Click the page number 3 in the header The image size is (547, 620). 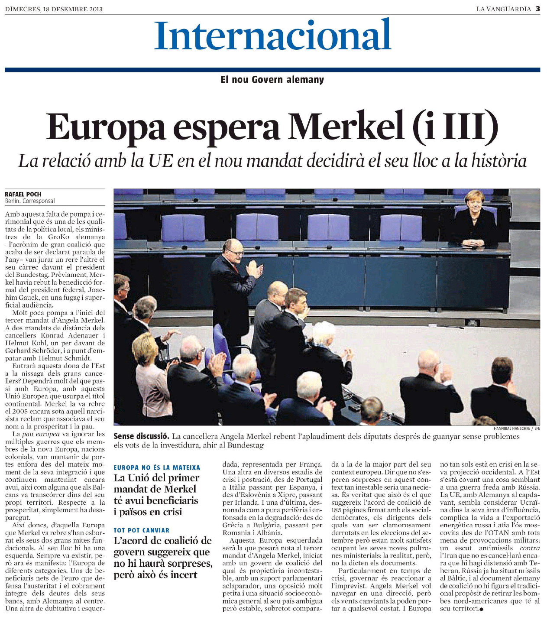pos(537,8)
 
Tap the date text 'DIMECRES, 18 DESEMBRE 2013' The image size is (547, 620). pos(54,9)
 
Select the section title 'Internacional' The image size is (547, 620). pos(273,35)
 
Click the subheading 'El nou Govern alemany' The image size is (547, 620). pos(272,80)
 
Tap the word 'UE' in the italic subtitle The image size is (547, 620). pos(160,161)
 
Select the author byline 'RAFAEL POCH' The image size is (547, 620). pos(23,194)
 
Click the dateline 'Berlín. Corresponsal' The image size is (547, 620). pos(30,201)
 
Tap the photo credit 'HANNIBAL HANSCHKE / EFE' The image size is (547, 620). pos(517,428)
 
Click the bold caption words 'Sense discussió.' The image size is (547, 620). pos(141,436)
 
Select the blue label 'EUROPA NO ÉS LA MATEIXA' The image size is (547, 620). pos(157,467)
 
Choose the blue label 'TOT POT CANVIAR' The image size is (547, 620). pos(141,530)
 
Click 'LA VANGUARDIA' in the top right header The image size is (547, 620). pos(503,9)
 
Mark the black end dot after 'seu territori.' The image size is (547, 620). pos(481,609)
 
